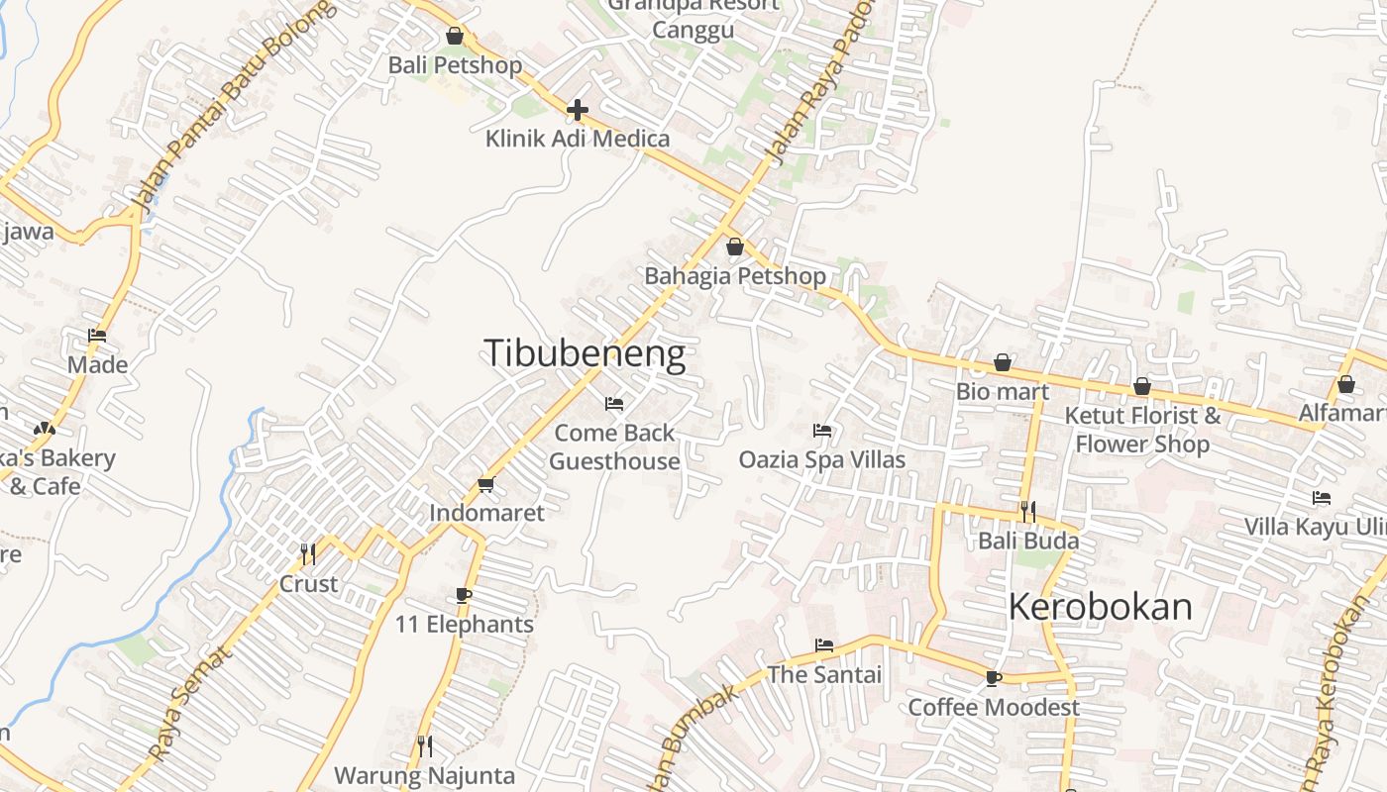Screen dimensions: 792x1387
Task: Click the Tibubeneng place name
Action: pyautogui.click(x=585, y=354)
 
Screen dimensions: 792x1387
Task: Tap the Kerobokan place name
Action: pyautogui.click(x=1100, y=606)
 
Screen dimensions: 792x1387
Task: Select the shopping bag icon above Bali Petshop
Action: pyautogui.click(x=455, y=36)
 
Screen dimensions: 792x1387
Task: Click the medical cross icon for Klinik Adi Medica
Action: pyautogui.click(x=578, y=110)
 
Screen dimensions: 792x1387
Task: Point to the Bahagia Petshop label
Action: pyautogui.click(x=735, y=276)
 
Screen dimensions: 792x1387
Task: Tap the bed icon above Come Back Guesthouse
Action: pyautogui.click(x=614, y=404)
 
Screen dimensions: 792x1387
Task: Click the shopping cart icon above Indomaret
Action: pyautogui.click(x=485, y=484)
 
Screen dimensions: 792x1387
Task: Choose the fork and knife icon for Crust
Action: pyautogui.click(x=308, y=553)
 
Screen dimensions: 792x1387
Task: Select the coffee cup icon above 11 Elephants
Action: pyautogui.click(x=463, y=595)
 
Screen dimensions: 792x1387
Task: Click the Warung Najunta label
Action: pyautogui.click(x=424, y=775)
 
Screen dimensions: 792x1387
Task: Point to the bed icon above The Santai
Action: pyautogui.click(x=823, y=645)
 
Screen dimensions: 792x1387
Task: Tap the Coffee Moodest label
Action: pyautogui.click(x=994, y=707)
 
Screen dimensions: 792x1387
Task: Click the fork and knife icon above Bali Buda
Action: pyautogui.click(x=1028, y=511)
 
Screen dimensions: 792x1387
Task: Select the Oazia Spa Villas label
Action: pyautogui.click(x=822, y=459)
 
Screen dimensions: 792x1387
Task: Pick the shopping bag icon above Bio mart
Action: pyautogui.click(x=1003, y=362)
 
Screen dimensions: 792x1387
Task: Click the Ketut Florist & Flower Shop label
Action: pyautogui.click(x=1142, y=430)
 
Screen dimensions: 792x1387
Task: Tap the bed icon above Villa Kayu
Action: pyautogui.click(x=1321, y=497)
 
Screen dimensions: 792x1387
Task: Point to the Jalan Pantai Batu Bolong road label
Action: pyautogui.click(x=234, y=109)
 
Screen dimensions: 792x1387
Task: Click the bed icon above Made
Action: pyautogui.click(x=97, y=336)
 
